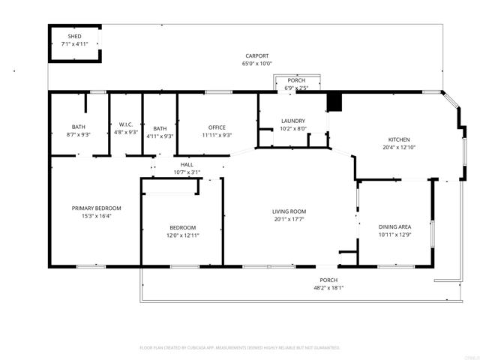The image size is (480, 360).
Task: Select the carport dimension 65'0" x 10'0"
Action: [256, 64]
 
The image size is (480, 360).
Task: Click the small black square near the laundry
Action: [334, 102]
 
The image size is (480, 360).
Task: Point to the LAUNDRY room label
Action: [292, 121]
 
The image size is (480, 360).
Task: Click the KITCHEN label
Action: [399, 139]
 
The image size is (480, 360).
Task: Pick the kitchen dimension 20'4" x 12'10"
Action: [399, 148]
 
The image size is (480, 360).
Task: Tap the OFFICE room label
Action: [217, 127]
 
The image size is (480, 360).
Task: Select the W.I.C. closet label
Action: [125, 124]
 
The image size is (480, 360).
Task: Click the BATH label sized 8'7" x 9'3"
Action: [79, 127]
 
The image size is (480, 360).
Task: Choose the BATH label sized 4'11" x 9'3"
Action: [160, 127]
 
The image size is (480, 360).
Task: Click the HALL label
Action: [187, 164]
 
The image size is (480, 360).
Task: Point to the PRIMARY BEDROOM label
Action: [96, 208]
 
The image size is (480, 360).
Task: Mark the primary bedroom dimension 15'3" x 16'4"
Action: [96, 216]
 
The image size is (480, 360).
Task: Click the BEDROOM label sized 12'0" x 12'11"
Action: [182, 227]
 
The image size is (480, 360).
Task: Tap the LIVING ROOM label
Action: [289, 211]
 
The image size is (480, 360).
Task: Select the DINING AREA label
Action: [394, 226]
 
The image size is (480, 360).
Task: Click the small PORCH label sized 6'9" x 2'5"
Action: [296, 80]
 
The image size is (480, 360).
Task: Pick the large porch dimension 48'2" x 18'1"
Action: [328, 287]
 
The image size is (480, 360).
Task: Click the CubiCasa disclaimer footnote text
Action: [240, 348]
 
